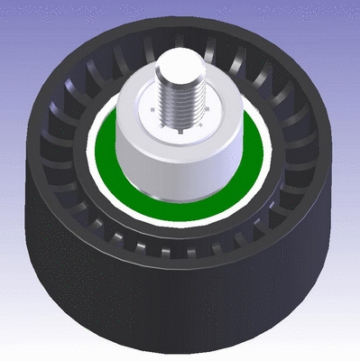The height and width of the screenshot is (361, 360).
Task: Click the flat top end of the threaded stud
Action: pyautogui.click(x=179, y=60)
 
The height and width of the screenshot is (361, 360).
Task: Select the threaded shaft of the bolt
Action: pyautogui.click(x=179, y=90)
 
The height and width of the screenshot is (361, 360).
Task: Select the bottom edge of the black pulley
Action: pyautogui.click(x=180, y=347)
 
